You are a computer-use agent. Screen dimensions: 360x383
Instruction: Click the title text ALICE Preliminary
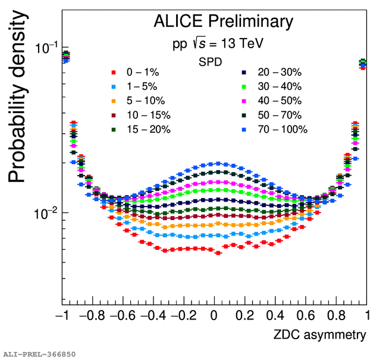click(x=223, y=21)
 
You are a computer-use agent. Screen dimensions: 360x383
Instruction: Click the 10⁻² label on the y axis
click(x=47, y=212)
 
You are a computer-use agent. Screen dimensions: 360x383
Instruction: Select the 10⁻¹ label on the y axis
click(x=47, y=48)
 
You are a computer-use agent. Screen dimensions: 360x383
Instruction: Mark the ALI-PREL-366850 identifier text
click(x=39, y=355)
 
